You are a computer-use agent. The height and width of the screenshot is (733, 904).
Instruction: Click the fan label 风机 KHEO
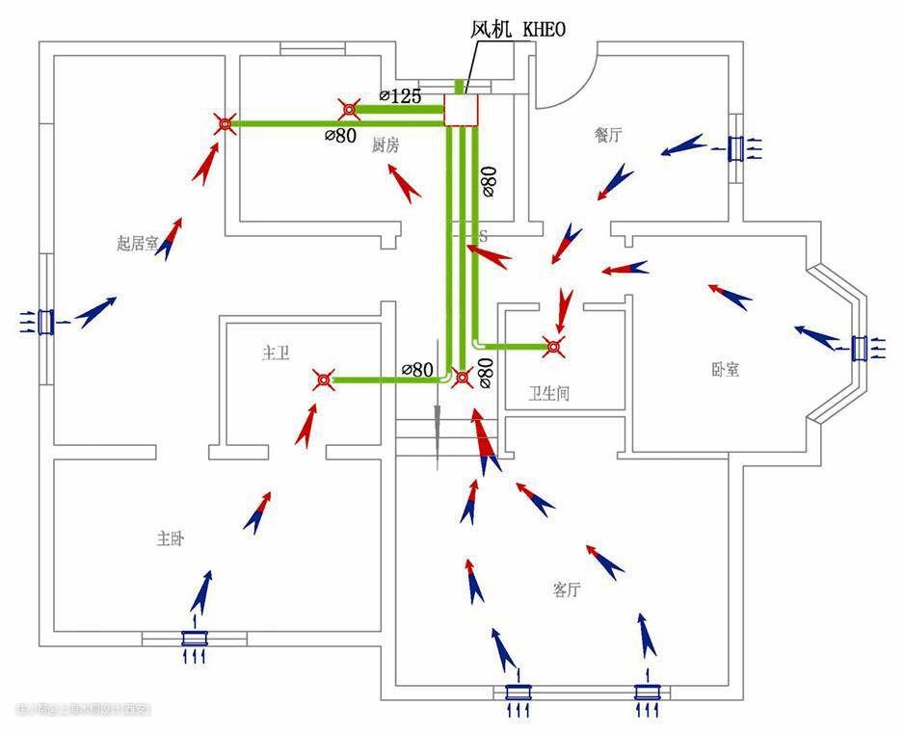pos(518,29)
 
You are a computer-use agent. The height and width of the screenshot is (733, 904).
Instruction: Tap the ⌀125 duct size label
pos(400,95)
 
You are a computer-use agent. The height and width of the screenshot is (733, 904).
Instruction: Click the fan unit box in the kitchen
pos(461,110)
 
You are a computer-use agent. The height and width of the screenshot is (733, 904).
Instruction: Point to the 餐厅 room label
pos(608,135)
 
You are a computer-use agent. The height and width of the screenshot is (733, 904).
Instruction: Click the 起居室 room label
pos(137,243)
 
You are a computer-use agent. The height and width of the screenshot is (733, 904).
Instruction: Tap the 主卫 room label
pos(276,353)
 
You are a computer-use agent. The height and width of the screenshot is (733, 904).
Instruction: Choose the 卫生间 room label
pos(549,393)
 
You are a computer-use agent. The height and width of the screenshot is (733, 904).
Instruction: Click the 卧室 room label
pos(725,369)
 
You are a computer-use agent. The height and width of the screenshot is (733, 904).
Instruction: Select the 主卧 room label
pos(170,538)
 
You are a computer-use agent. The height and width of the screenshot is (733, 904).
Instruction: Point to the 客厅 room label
pos(567,589)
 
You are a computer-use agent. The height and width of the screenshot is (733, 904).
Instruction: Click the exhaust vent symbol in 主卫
pos(324,380)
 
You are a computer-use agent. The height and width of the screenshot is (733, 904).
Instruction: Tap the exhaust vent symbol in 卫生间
pos(552,345)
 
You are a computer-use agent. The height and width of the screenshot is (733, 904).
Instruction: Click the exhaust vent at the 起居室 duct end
pos(225,123)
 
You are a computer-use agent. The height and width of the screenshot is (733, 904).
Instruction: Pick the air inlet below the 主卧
pos(196,639)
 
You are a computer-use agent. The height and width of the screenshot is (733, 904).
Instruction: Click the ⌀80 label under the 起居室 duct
pos(341,136)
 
